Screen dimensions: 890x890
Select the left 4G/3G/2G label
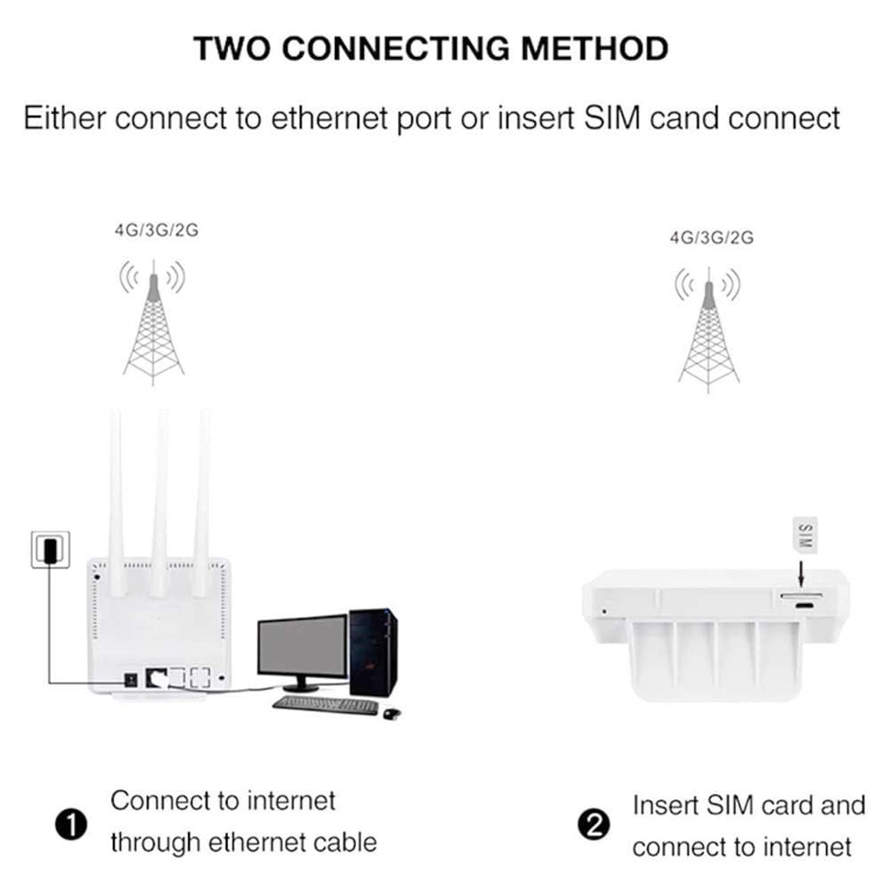click(156, 231)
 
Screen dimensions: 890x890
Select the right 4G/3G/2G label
click(711, 238)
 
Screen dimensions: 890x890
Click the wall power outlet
click(52, 548)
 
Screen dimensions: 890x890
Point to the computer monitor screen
click(303, 645)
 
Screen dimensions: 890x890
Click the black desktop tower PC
click(373, 651)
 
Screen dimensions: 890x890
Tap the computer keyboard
click(326, 705)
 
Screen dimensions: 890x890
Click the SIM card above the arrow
click(805, 536)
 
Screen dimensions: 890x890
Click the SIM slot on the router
click(800, 594)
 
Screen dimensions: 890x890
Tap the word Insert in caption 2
click(666, 805)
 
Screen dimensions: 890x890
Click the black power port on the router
click(132, 677)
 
